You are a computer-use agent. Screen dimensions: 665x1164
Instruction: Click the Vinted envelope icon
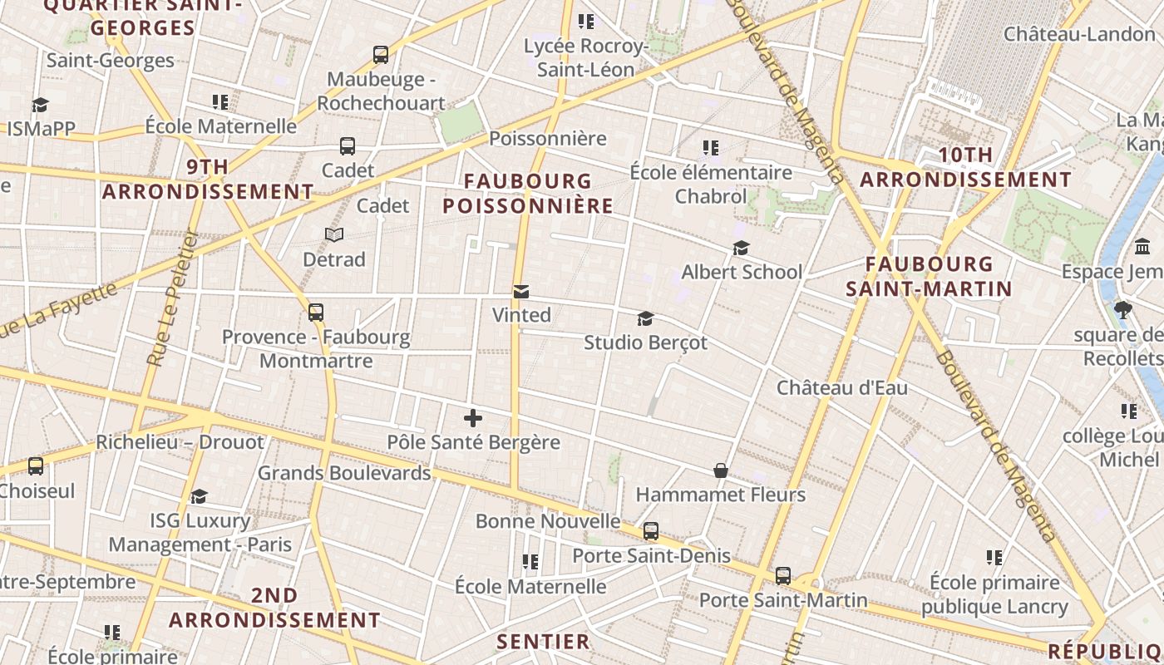[x=521, y=291]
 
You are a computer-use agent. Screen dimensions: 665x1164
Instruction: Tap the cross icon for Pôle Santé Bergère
[x=473, y=417]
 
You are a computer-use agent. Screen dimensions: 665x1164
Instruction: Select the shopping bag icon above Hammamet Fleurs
[x=721, y=470]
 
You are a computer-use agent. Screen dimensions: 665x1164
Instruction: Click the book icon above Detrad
[x=334, y=235]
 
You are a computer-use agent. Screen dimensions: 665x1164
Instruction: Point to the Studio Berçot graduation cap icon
[x=645, y=318]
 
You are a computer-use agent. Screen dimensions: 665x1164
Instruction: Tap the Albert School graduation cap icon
[x=741, y=248]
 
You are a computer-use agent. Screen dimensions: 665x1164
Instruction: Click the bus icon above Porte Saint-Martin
[x=782, y=575]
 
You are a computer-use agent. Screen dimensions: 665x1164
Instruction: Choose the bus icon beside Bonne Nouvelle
[x=651, y=530]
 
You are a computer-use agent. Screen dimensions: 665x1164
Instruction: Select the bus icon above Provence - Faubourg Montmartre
[x=316, y=313]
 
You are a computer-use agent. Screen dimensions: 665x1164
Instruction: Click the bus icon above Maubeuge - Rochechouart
[x=381, y=55]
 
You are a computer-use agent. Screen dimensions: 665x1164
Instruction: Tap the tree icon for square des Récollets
[x=1123, y=310]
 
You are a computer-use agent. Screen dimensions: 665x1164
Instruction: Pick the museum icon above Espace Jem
[x=1142, y=247]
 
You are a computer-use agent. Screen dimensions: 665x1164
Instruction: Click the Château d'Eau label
[x=841, y=387]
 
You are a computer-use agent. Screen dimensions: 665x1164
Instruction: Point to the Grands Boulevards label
[x=344, y=473]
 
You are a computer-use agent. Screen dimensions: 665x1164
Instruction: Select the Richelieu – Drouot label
[x=180, y=442]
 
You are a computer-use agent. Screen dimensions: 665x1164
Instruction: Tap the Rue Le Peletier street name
[x=170, y=299]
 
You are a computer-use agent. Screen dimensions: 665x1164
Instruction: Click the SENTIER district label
[x=543, y=641]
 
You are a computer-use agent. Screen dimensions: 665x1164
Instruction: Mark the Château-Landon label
[x=1079, y=34]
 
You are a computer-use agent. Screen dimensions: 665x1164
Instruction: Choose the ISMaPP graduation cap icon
[x=40, y=105]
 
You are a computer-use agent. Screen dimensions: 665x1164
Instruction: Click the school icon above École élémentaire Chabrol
[x=710, y=148]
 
